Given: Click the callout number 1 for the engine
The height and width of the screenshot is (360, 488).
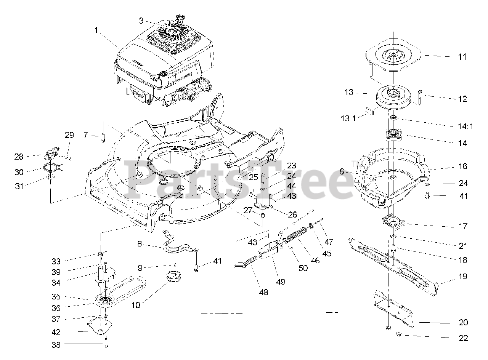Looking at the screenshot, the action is pyautogui.click(x=96, y=30).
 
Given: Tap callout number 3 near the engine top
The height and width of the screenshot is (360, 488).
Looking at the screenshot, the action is pyautogui.click(x=141, y=21).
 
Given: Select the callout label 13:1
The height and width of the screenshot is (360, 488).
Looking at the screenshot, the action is pyautogui.click(x=348, y=119).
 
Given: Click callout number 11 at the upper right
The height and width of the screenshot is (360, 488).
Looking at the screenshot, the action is pyautogui.click(x=462, y=57).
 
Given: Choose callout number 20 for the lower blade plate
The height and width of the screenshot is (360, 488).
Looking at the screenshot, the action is pyautogui.click(x=463, y=323).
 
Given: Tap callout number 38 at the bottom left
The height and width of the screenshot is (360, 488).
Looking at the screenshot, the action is pyautogui.click(x=56, y=345).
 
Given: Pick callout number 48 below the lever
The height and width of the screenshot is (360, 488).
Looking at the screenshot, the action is pyautogui.click(x=263, y=292).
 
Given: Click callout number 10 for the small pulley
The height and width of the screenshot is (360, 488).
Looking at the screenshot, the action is pyautogui.click(x=136, y=305).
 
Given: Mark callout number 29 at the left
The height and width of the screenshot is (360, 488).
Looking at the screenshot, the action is pyautogui.click(x=69, y=135).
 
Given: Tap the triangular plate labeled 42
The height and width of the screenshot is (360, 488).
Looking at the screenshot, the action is pyautogui.click(x=100, y=325).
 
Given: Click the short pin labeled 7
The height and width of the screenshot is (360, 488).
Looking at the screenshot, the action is pyautogui.click(x=103, y=138).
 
